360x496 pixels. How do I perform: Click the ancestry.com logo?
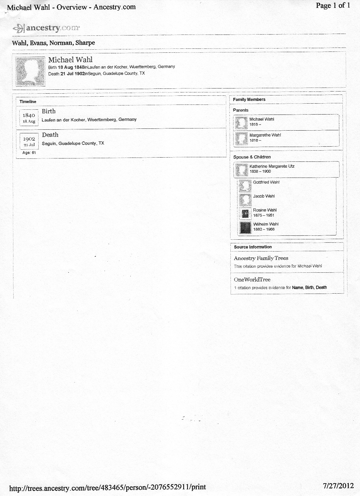tap(46, 28)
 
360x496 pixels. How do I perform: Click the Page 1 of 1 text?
tap(333, 5)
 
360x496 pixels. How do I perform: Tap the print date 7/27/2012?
tap(338, 486)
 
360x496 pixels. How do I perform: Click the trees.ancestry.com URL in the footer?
tap(107, 487)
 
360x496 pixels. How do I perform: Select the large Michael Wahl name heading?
tap(70, 60)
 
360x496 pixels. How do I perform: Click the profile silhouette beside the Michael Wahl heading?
tap(30, 71)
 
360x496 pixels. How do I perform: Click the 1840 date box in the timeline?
tap(29, 118)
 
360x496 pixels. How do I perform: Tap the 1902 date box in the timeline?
tap(29, 141)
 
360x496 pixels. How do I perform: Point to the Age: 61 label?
tap(29, 153)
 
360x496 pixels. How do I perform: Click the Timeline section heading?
tap(28, 102)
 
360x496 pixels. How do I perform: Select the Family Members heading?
tap(249, 99)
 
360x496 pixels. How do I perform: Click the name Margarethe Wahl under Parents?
tap(265, 135)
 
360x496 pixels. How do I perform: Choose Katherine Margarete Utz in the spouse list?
tap(272, 166)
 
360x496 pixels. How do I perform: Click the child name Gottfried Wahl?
tap(266, 182)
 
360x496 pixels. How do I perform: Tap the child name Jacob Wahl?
tap(264, 196)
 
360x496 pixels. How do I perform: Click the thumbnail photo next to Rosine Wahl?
tap(245, 213)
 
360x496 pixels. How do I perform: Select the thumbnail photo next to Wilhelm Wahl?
tap(245, 227)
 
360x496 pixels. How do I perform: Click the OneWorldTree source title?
tap(252, 279)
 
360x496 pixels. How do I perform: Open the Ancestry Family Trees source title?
tap(261, 258)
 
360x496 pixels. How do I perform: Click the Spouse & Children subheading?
tap(252, 157)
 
